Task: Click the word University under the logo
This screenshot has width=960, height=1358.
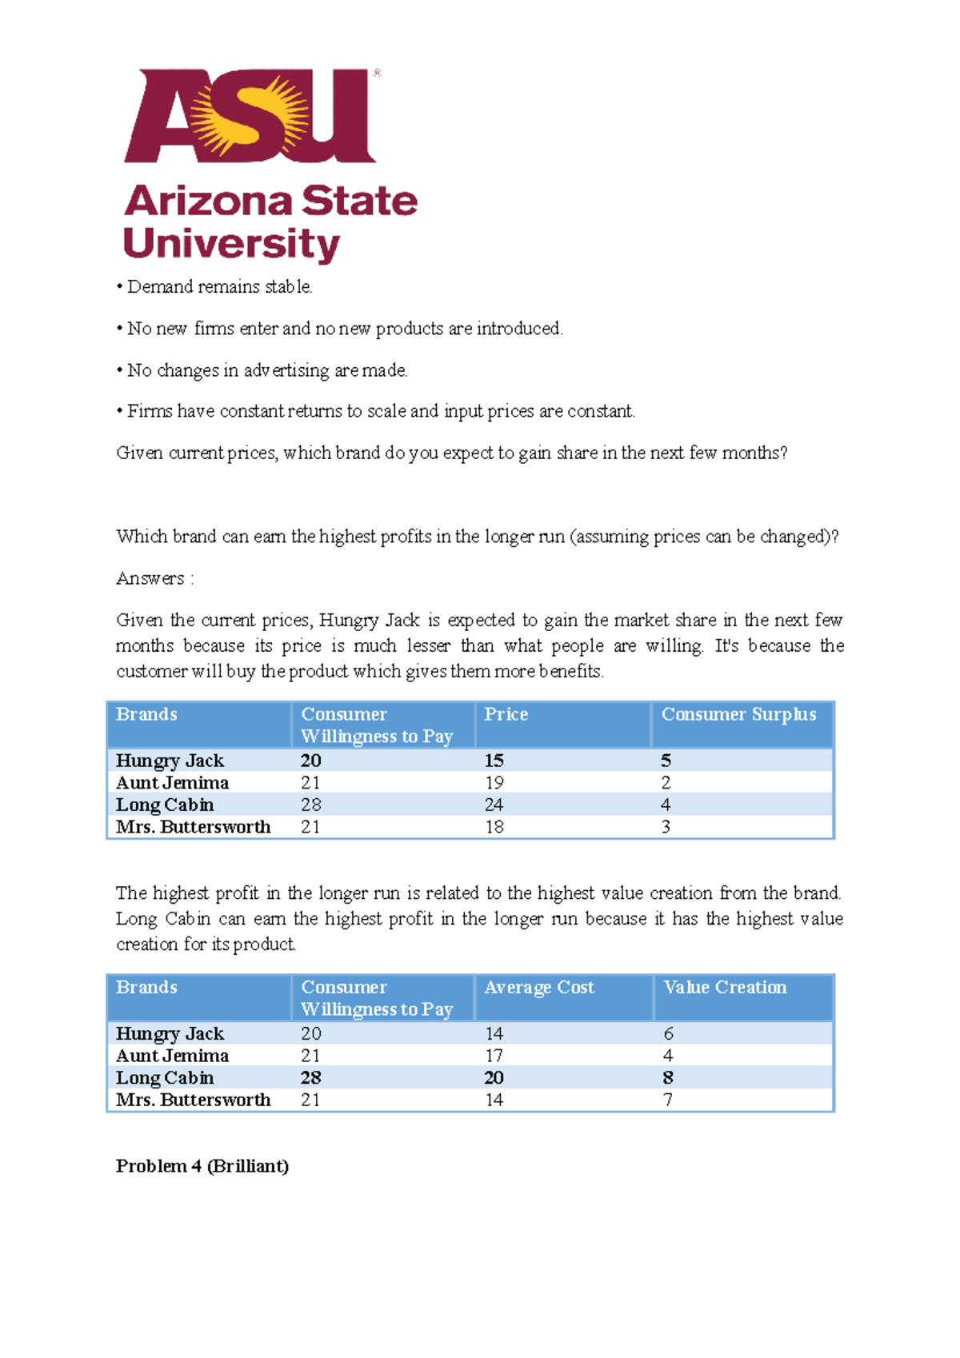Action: [231, 243]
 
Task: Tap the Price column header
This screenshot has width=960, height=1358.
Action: [506, 714]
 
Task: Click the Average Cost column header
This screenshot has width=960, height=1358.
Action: [538, 988]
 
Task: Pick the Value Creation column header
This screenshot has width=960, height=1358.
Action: [724, 988]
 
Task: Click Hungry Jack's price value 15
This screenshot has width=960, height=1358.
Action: [494, 761]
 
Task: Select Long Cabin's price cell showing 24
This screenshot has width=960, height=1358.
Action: [494, 805]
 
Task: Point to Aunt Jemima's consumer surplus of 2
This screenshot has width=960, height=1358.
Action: [666, 783]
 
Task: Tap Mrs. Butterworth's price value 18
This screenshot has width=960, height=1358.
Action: [494, 827]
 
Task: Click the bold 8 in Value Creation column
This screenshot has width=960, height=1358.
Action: [667, 1078]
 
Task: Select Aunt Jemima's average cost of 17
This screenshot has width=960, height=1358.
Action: [494, 1056]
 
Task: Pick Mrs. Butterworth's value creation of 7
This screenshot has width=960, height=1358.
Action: [667, 1100]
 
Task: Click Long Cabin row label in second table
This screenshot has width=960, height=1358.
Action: [165, 1078]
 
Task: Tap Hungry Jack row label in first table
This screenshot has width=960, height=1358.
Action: [170, 761]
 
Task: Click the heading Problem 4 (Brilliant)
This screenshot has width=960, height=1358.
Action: [202, 1166]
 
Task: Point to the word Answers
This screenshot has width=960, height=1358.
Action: [150, 578]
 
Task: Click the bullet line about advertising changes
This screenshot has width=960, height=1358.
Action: [266, 370]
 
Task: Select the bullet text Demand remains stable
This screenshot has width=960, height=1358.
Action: [218, 287]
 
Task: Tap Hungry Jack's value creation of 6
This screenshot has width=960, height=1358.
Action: [667, 1034]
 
